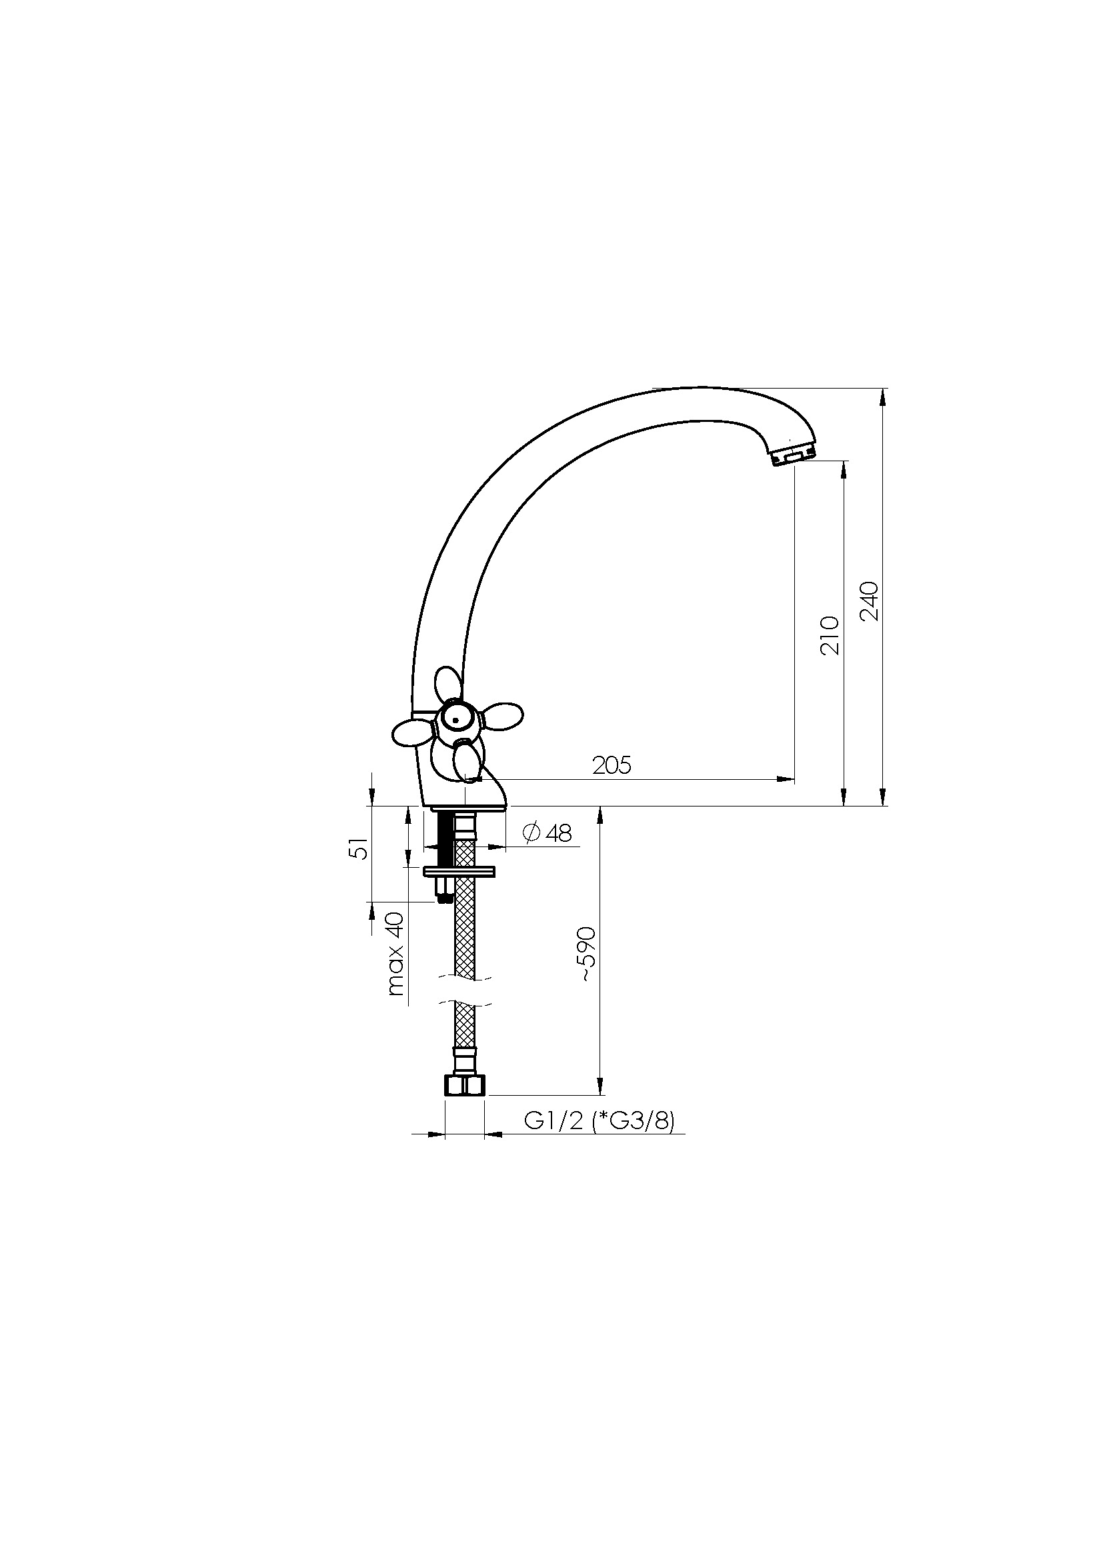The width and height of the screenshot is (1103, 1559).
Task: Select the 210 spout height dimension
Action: [x=830, y=635]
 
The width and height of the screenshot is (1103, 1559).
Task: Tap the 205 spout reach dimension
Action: [x=612, y=765]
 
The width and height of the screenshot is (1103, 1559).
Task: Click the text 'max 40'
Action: [x=395, y=953]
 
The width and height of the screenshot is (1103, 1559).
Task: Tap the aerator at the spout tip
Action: [x=794, y=457]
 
